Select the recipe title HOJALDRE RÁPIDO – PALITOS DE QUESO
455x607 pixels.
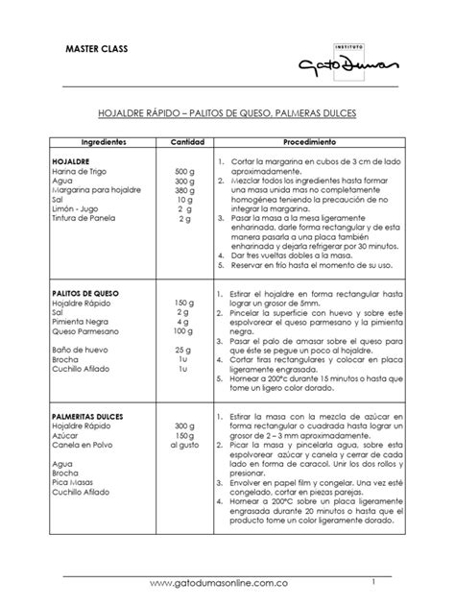[x=227, y=113]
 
